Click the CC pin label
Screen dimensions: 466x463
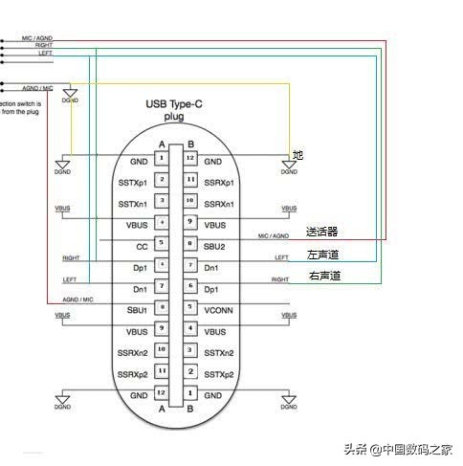(x=140, y=246)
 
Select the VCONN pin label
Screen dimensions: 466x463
(x=219, y=310)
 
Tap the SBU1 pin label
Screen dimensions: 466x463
(x=136, y=310)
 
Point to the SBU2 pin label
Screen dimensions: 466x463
(x=215, y=246)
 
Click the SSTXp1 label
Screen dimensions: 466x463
(x=133, y=181)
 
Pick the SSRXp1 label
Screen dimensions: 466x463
(x=221, y=181)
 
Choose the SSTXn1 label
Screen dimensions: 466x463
(x=133, y=203)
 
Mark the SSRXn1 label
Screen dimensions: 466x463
(x=221, y=203)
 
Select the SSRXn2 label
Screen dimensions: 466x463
(x=133, y=352)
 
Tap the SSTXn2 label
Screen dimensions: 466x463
(x=221, y=352)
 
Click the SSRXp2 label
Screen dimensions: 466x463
(x=133, y=373)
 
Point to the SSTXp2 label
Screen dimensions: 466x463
(x=221, y=373)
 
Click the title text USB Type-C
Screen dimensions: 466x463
(x=176, y=103)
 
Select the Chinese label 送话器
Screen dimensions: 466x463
(x=322, y=233)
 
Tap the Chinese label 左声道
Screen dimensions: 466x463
(x=322, y=255)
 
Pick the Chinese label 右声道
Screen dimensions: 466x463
(x=322, y=277)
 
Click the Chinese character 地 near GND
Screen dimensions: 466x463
(x=298, y=154)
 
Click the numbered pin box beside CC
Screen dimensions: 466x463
(x=164, y=243)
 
